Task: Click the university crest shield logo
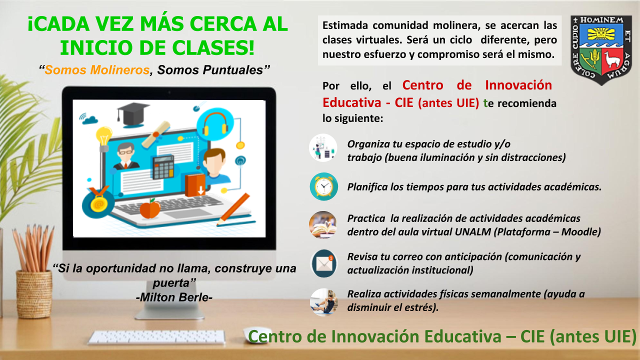[601, 50]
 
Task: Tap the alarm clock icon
[323, 186]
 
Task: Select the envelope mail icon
[323, 263]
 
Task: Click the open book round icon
[323, 225]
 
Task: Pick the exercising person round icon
[323, 302]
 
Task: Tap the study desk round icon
[323, 147]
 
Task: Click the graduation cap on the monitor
[133, 114]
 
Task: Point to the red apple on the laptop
[150, 209]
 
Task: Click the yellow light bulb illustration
[103, 139]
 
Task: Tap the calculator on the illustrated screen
[163, 167]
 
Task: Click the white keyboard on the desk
[156, 337]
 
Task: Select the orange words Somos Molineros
[97, 70]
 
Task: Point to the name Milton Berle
[174, 297]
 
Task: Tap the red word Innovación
[518, 85]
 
